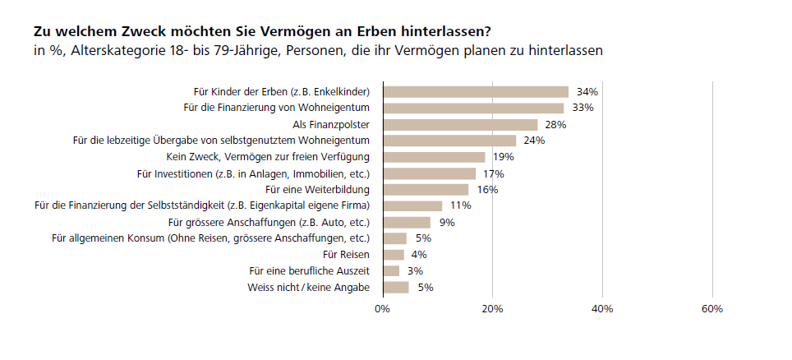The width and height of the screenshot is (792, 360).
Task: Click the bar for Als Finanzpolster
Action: (460, 125)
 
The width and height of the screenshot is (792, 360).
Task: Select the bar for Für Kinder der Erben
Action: (476, 92)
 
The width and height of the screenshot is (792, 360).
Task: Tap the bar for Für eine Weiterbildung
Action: (426, 190)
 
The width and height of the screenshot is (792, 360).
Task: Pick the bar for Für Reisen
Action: (394, 255)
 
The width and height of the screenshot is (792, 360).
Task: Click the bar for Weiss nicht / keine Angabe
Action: (396, 288)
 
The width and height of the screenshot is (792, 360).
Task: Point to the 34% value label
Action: (586, 92)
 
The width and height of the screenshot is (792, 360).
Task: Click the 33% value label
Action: (582, 108)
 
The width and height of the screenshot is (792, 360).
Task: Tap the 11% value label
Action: (459, 206)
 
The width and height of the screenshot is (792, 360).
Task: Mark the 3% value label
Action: (415, 271)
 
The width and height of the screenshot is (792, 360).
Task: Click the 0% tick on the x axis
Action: (382, 309)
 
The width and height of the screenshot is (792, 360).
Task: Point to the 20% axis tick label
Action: (492, 309)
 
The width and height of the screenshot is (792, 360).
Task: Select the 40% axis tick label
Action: (602, 309)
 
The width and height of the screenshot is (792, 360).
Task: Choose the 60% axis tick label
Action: (712, 309)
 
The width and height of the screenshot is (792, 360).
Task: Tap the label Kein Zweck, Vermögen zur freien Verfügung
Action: (263, 157)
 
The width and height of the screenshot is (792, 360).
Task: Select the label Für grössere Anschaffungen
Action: (269, 223)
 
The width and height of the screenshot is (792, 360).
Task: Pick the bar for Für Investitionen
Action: (429, 173)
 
